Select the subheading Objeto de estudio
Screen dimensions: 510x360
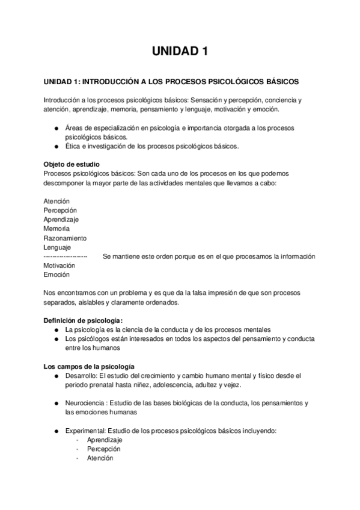coord(72,164)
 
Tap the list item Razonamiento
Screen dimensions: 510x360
coord(65,238)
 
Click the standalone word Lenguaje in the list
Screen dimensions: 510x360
coord(57,247)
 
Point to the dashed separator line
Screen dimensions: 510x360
coord(66,256)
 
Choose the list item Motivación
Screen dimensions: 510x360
coord(59,265)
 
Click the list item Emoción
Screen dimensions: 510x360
coord(56,274)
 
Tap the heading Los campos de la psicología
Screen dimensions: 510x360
coord(89,366)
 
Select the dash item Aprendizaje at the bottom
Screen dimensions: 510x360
coord(105,440)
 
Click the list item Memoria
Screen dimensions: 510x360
coord(56,229)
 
